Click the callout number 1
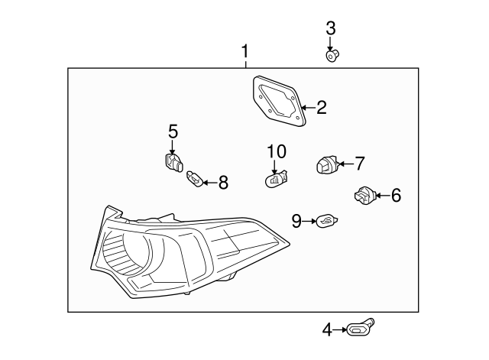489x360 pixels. click(244, 52)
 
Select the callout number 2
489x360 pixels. click(321, 108)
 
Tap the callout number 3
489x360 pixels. click(330, 29)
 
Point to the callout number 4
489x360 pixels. click(327, 330)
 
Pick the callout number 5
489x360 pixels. click(173, 131)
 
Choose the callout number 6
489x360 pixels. click(395, 196)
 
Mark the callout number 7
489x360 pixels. click(359, 163)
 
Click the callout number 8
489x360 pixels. click(223, 182)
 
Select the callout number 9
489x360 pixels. click(296, 222)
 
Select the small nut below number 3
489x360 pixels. click(332, 55)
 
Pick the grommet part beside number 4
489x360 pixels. click(358, 329)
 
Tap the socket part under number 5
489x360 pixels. click(173, 161)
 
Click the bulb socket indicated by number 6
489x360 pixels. click(362, 196)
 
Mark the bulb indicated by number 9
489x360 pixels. click(326, 222)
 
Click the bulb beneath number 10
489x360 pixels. click(275, 180)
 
